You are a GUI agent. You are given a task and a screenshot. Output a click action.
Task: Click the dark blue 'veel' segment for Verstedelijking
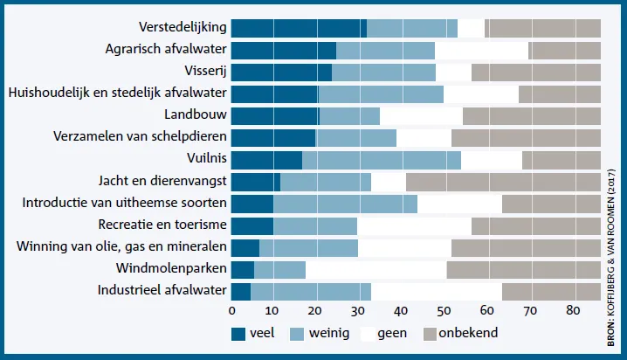(299, 29)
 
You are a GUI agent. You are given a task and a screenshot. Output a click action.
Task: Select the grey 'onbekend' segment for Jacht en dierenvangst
(504, 182)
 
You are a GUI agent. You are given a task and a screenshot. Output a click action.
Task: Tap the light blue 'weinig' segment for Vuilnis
(382, 161)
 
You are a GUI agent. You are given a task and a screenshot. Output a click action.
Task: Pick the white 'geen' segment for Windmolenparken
(376, 270)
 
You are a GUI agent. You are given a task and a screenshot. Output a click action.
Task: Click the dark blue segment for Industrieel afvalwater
(241, 292)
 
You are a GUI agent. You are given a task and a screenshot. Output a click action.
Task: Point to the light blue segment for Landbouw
(349, 116)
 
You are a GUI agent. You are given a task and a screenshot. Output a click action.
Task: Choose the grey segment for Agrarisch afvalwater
(565, 51)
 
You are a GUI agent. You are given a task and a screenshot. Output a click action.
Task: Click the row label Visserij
(205, 71)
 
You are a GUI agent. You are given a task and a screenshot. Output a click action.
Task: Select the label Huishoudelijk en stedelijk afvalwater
(118, 93)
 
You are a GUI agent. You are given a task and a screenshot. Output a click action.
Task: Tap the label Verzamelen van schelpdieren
(140, 136)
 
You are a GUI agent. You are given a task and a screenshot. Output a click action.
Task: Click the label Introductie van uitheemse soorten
(124, 203)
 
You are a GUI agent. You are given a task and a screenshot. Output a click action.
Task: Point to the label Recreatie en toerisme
(162, 225)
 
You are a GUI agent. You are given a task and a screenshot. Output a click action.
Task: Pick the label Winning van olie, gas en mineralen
(121, 246)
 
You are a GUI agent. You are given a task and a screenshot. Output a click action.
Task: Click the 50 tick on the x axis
(444, 311)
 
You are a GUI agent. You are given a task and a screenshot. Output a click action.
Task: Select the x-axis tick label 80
(573, 311)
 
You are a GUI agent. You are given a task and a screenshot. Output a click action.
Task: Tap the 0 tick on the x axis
(232, 311)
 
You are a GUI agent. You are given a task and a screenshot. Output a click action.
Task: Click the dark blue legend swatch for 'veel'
(238, 334)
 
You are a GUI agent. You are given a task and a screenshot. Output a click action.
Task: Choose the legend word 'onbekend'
(468, 333)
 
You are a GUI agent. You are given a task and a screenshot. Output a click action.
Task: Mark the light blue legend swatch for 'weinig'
(297, 334)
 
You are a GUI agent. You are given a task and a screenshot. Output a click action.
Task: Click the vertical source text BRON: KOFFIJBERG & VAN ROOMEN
(610, 258)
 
